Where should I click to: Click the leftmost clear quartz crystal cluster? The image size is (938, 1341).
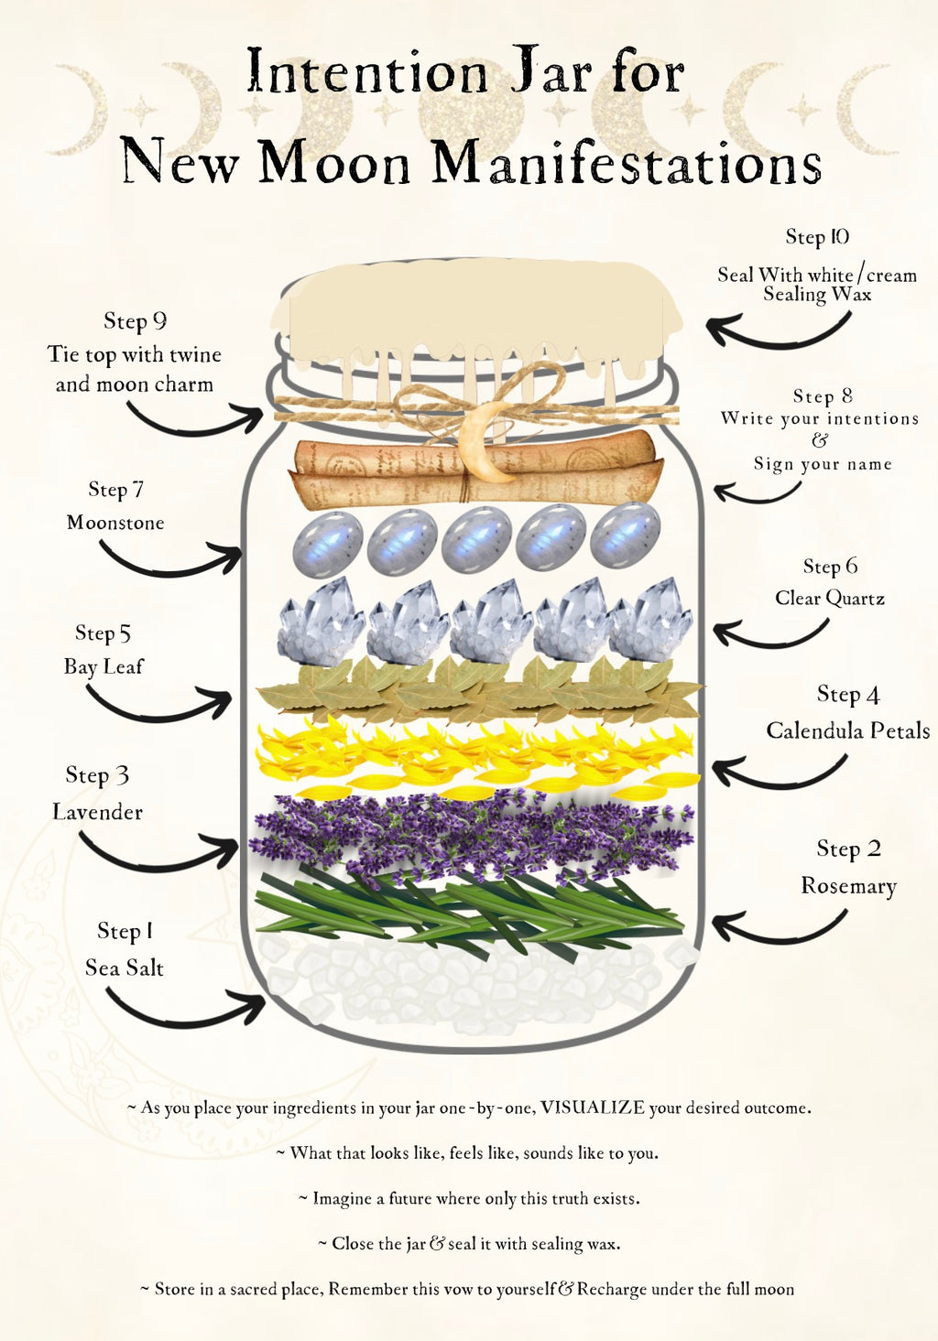point(320,622)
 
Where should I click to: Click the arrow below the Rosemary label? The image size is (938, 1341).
point(779,930)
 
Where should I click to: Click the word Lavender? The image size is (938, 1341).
point(98,812)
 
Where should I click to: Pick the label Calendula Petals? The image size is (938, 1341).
point(847,730)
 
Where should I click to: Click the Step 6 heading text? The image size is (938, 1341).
point(830,566)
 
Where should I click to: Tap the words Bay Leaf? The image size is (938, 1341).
point(104,666)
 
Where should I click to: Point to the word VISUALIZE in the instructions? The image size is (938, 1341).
point(593,1108)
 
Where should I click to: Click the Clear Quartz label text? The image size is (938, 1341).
point(830,598)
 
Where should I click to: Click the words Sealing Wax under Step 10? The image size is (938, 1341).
point(817,294)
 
